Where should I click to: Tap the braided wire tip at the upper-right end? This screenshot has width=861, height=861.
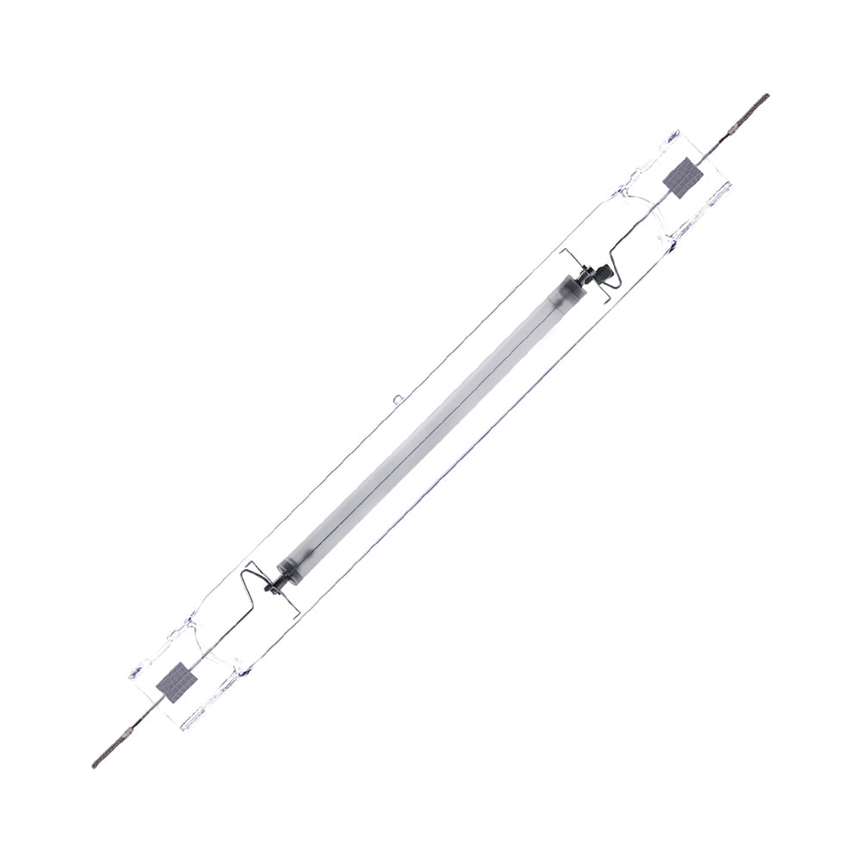[753, 107]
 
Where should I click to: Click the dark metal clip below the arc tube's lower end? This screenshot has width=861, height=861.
[270, 587]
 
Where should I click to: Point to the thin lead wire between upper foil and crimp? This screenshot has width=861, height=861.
[710, 150]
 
